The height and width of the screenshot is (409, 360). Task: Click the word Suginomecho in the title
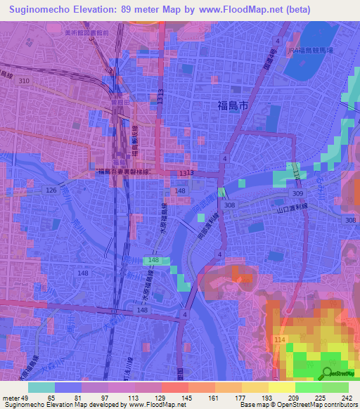pyautogui.click(x=41, y=9)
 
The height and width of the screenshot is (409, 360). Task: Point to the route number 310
pyautogui.click(x=25, y=82)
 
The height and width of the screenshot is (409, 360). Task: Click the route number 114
pyautogui.click(x=281, y=339)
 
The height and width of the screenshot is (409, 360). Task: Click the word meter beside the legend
pyautogui.click(x=10, y=397)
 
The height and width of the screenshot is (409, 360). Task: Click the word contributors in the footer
pyautogui.click(x=341, y=405)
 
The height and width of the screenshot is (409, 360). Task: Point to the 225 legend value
pyautogui.click(x=323, y=397)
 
